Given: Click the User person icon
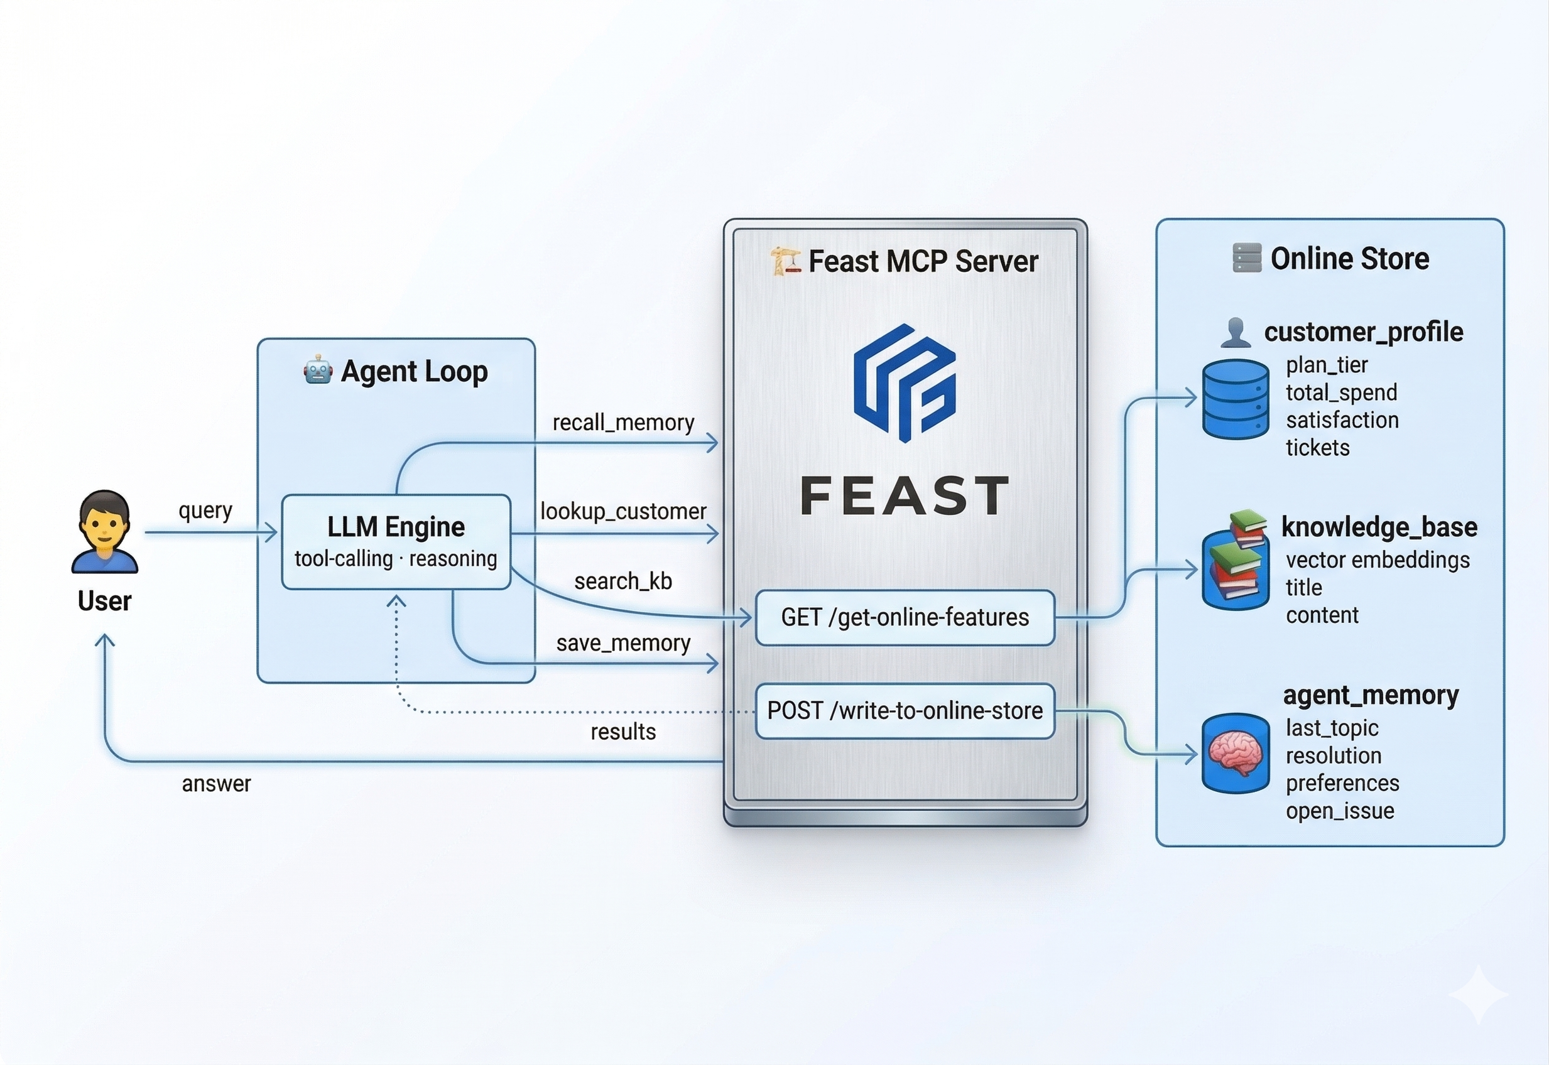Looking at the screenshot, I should click(x=105, y=532).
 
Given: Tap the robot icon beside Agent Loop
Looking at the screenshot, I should click(x=318, y=370).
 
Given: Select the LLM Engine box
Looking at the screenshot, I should click(x=396, y=541).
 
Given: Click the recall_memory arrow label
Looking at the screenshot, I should click(x=622, y=423).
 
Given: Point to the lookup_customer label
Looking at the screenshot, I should click(x=622, y=511).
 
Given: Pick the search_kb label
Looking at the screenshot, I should click(x=622, y=581).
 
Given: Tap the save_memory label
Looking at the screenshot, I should click(x=622, y=643).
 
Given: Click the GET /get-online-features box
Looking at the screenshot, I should click(x=905, y=617).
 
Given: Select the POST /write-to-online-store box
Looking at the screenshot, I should click(x=905, y=711).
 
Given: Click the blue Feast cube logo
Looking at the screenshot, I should click(x=905, y=383).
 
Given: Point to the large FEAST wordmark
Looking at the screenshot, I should click(x=905, y=496).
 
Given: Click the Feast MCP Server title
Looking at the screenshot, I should click(x=922, y=261).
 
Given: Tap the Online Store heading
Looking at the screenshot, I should click(x=1349, y=258).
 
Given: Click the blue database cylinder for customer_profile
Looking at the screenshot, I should click(x=1236, y=398).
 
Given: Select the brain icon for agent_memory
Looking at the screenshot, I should click(x=1236, y=753).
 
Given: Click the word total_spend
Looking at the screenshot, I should click(x=1341, y=392).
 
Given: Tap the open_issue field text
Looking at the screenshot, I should click(x=1339, y=811).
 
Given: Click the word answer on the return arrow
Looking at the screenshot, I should click(x=216, y=784).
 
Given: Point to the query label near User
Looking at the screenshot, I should click(x=205, y=511).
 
